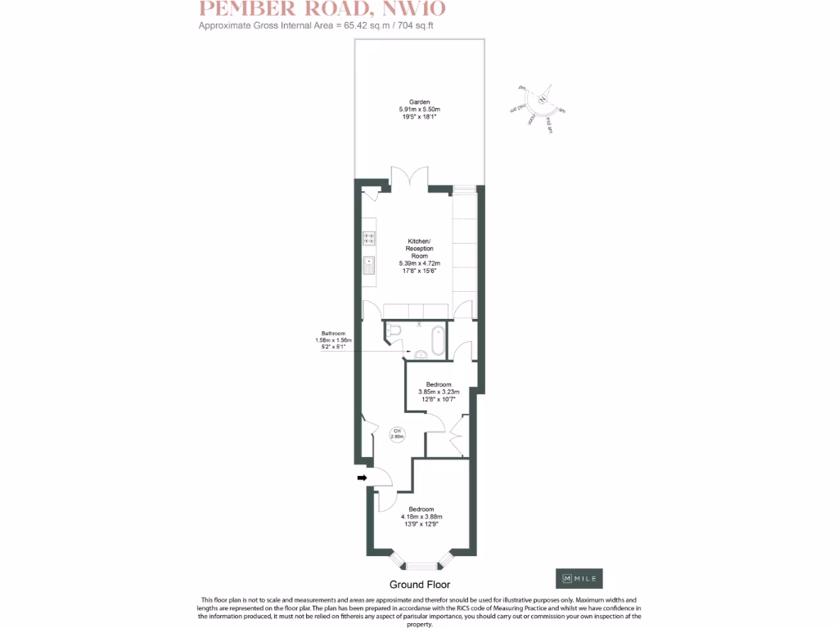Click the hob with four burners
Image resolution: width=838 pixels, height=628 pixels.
(x=369, y=239)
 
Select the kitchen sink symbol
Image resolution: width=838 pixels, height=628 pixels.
(x=369, y=266)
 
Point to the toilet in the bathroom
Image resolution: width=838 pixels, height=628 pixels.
(x=393, y=330)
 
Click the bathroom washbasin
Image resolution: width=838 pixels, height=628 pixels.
(x=421, y=354)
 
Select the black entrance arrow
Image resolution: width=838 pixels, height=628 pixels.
(x=362, y=478)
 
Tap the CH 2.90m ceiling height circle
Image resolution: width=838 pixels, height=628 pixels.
(x=397, y=434)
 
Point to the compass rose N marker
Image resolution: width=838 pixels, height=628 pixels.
(x=542, y=99)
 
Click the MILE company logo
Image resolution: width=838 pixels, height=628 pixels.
(x=579, y=578)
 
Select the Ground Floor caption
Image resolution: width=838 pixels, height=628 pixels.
(x=419, y=585)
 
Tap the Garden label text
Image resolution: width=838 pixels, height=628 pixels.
(x=420, y=102)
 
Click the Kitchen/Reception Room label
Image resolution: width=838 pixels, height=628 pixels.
(x=420, y=249)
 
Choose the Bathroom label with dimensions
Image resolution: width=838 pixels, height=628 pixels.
(x=331, y=334)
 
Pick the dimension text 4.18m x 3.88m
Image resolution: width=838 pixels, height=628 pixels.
(x=421, y=516)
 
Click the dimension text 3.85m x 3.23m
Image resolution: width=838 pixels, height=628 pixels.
(x=439, y=392)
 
